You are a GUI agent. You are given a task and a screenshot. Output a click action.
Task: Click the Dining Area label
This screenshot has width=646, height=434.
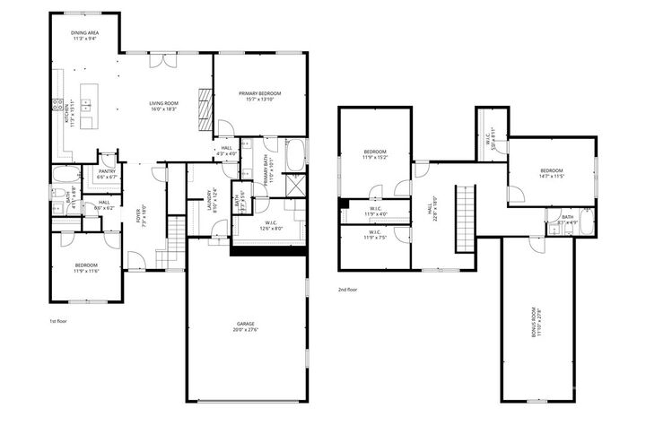click(x=85, y=36)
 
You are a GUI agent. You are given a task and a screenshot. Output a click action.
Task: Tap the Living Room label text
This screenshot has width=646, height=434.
click(x=164, y=106)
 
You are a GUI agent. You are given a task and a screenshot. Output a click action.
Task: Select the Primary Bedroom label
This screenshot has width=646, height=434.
click(x=259, y=96)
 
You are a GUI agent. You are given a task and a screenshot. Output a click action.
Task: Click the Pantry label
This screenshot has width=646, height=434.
click(x=108, y=173)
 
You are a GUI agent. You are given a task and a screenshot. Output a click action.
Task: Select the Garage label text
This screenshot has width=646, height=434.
click(x=246, y=325)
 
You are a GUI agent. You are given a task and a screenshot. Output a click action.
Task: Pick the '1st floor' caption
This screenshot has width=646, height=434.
click(x=58, y=320)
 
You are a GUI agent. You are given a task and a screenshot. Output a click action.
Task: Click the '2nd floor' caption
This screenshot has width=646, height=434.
click(x=348, y=290)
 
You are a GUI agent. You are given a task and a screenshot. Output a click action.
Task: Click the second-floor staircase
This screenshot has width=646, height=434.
click(x=465, y=219)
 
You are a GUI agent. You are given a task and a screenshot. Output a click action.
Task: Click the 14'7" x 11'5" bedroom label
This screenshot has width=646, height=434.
click(x=551, y=173)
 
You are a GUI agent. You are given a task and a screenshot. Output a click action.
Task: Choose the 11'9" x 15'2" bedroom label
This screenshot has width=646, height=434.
click(x=374, y=154)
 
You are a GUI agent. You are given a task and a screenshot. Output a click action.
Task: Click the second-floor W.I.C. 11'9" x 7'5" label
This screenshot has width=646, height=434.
click(x=374, y=236)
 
